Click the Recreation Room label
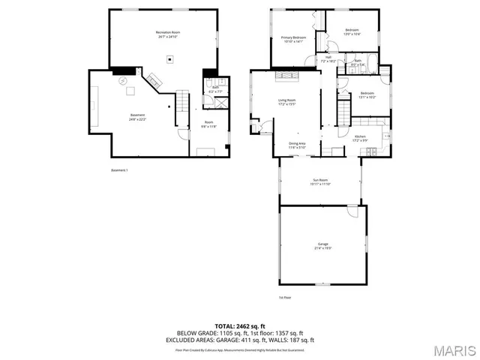pyautogui.click(x=168, y=33)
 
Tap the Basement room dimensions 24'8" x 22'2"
pyautogui.click(x=136, y=118)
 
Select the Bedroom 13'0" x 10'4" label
pyautogui.click(x=352, y=32)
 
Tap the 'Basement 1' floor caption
pyautogui.click(x=119, y=170)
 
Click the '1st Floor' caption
pyautogui.click(x=285, y=297)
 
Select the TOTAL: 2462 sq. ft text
pyautogui.click(x=239, y=326)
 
